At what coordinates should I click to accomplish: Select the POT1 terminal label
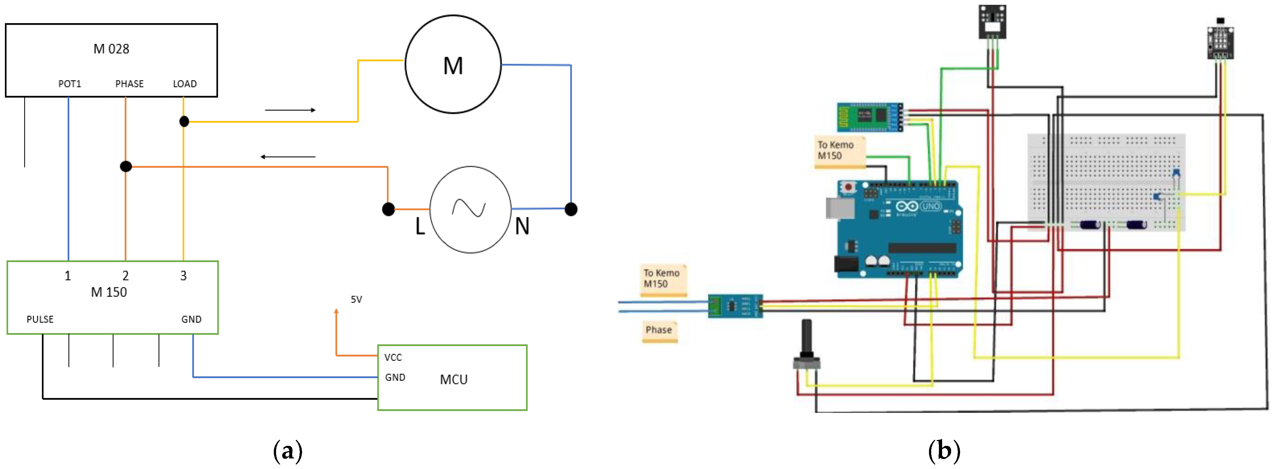point(69,84)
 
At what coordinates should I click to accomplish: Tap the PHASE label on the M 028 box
point(129,84)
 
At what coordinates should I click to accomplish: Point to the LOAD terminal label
point(185,84)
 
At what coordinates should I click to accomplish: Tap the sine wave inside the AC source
point(469,208)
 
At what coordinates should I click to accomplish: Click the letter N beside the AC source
point(522,226)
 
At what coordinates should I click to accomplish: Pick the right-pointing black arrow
point(290,110)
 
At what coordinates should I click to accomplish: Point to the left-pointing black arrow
point(288,157)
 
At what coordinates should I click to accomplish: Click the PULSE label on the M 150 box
point(40,320)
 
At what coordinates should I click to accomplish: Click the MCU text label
point(453,380)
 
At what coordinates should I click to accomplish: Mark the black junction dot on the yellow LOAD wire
point(184,121)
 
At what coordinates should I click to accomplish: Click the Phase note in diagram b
point(659,330)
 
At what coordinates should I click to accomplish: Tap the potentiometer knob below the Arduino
point(806,341)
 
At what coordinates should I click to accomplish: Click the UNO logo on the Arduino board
point(931,206)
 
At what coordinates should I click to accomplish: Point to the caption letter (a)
point(288,451)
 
